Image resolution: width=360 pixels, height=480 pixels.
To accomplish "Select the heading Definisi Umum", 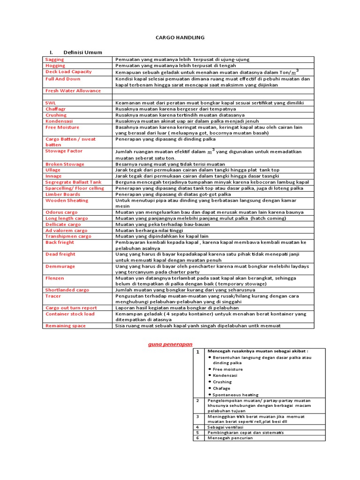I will (82, 52).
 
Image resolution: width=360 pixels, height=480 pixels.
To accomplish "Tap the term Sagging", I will (54, 60).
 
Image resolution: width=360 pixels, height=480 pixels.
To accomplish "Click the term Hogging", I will (55, 66).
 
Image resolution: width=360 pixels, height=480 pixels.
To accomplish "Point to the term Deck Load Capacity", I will (68, 72).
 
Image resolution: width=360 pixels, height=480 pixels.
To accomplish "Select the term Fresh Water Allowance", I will (73, 90).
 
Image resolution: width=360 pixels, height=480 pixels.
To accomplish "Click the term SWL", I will (50, 103).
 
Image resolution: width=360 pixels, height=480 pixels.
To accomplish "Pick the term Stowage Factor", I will (64, 151).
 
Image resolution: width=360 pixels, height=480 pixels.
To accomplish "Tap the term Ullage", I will (53, 170).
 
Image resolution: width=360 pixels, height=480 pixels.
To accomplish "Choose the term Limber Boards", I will (63, 194).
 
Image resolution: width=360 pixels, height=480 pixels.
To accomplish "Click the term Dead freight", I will (60, 254).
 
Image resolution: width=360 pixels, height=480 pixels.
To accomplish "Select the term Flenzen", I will (55, 278).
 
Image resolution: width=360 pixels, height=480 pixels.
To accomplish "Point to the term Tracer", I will (53, 296).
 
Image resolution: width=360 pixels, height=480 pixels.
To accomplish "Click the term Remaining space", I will (65, 325).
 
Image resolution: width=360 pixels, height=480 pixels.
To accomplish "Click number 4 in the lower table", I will (198, 426).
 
